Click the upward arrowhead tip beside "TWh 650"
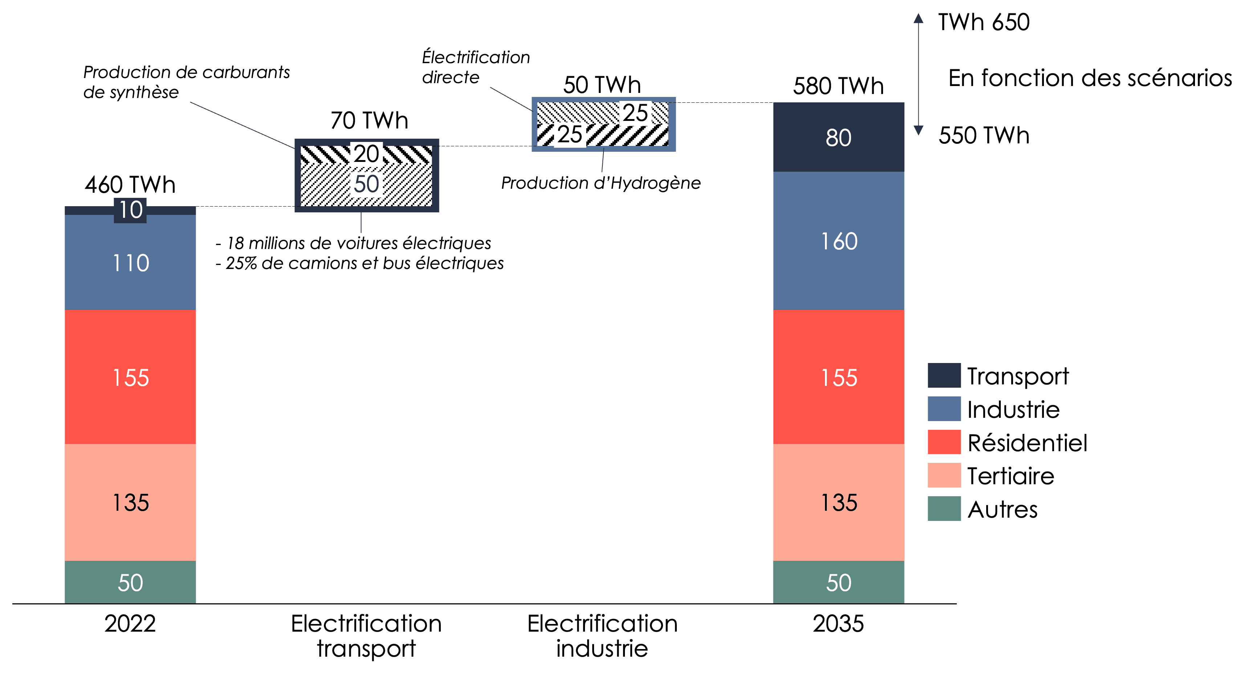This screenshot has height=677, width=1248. [x=918, y=13]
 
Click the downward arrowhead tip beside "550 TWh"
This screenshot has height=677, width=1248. [x=918, y=135]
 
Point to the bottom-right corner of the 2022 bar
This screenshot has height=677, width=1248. [x=196, y=603]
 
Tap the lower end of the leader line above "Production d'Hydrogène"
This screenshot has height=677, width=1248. [x=602, y=172]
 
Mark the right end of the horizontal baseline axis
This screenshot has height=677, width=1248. [x=956, y=603]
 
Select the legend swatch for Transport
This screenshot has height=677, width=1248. [x=944, y=375]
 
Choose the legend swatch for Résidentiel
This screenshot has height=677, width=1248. [x=944, y=442]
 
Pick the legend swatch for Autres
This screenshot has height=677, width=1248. [x=944, y=509]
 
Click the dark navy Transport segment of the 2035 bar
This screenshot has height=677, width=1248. [x=839, y=137]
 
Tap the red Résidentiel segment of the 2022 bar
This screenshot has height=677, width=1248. [x=130, y=377]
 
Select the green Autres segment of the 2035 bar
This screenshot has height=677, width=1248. [x=839, y=582]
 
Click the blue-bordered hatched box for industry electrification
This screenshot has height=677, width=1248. [x=603, y=125]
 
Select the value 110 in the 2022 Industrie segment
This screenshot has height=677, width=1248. [x=131, y=263]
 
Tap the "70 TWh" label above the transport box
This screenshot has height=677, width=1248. [x=369, y=120]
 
